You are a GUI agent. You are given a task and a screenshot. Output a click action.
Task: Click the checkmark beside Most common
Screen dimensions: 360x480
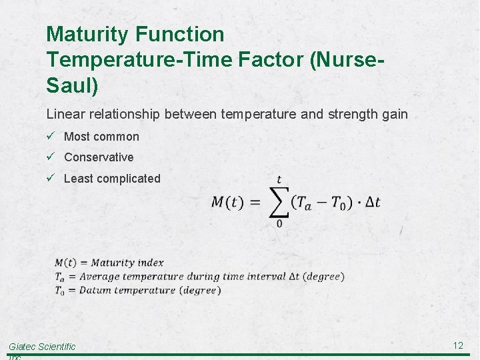[x=51, y=136]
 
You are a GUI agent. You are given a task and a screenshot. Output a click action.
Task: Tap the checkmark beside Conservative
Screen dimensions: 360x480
[x=51, y=157]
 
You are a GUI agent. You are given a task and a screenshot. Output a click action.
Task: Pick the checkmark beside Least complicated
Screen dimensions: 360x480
[x=51, y=178]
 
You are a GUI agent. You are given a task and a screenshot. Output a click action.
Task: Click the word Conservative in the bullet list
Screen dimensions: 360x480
[x=99, y=157]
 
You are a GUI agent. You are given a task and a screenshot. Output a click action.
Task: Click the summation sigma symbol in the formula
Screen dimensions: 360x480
[x=279, y=202]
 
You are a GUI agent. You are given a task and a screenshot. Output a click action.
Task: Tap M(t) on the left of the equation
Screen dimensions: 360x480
[x=227, y=203]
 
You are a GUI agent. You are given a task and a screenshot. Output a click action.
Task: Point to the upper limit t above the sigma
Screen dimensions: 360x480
[x=279, y=180]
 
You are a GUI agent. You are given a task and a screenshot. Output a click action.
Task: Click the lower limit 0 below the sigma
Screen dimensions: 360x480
[x=279, y=224]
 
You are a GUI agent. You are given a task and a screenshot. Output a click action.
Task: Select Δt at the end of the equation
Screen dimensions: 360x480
[x=373, y=203]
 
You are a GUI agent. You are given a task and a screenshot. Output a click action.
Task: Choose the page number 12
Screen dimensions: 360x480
[x=458, y=345]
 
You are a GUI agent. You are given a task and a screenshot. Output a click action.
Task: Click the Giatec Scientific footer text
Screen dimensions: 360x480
[x=42, y=347]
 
